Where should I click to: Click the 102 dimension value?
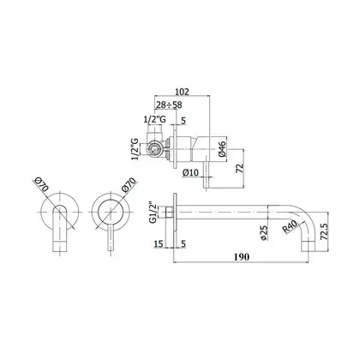[182, 92]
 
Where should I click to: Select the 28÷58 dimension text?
[169, 105]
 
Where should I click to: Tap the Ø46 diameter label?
[223, 149]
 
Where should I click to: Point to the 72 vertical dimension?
[240, 168]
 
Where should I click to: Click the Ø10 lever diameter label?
[190, 173]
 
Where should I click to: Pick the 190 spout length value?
[242, 257]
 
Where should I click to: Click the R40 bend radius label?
[291, 226]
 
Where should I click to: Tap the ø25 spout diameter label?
[264, 233]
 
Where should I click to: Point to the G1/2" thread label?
[153, 213]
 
